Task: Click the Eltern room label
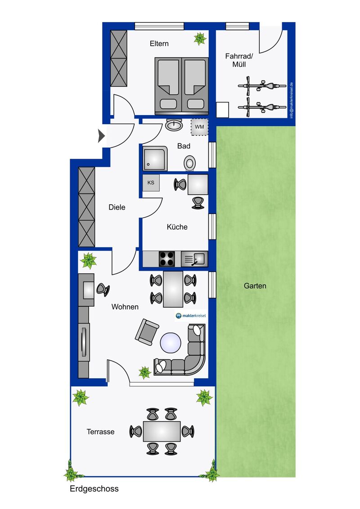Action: click(x=159, y=44)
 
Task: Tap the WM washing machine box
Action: click(x=199, y=127)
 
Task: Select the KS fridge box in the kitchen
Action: click(x=151, y=183)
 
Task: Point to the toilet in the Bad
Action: click(x=189, y=163)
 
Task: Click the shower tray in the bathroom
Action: click(x=155, y=158)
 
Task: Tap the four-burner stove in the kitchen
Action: click(x=166, y=259)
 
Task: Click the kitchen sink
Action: click(x=194, y=259)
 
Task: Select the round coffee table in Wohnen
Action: click(x=171, y=343)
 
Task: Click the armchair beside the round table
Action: click(x=147, y=332)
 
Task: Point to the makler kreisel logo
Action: click(x=191, y=316)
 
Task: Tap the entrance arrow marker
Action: click(x=101, y=136)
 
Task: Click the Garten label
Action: click(x=255, y=286)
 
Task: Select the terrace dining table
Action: click(x=162, y=431)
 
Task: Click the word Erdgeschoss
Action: click(x=94, y=489)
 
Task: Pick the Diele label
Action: click(x=117, y=207)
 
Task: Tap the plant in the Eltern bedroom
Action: click(x=200, y=39)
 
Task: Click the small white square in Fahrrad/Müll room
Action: click(x=223, y=110)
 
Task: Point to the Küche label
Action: click(x=177, y=227)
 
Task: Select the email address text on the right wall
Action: click(x=292, y=100)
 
